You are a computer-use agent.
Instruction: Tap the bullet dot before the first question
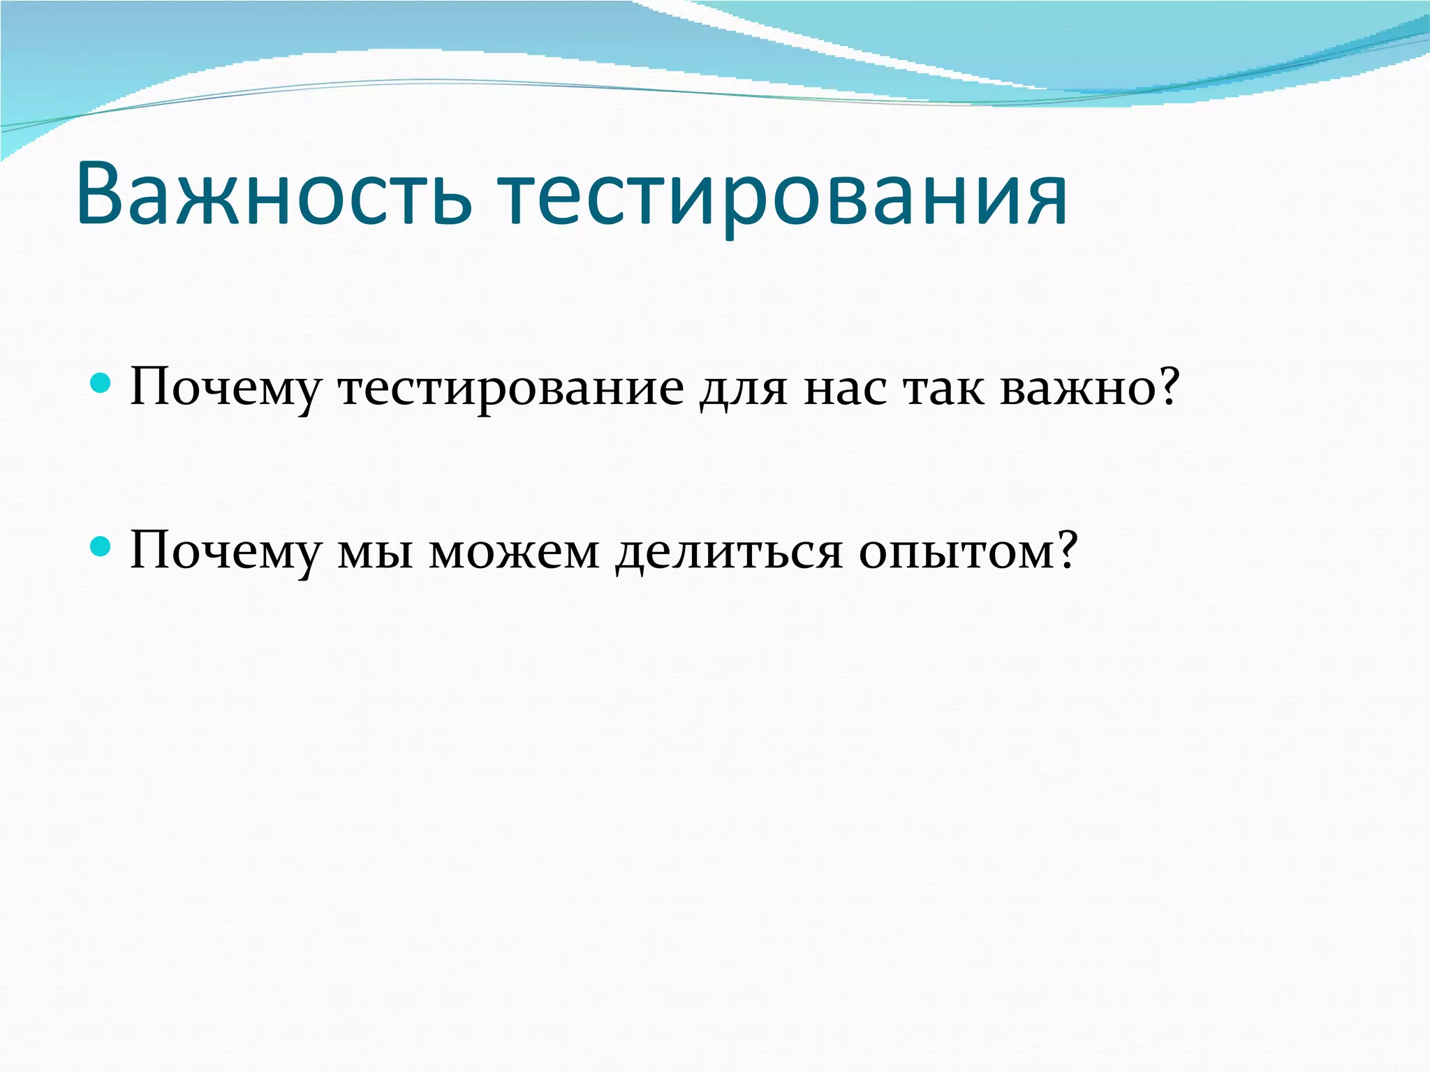click(101, 383)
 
